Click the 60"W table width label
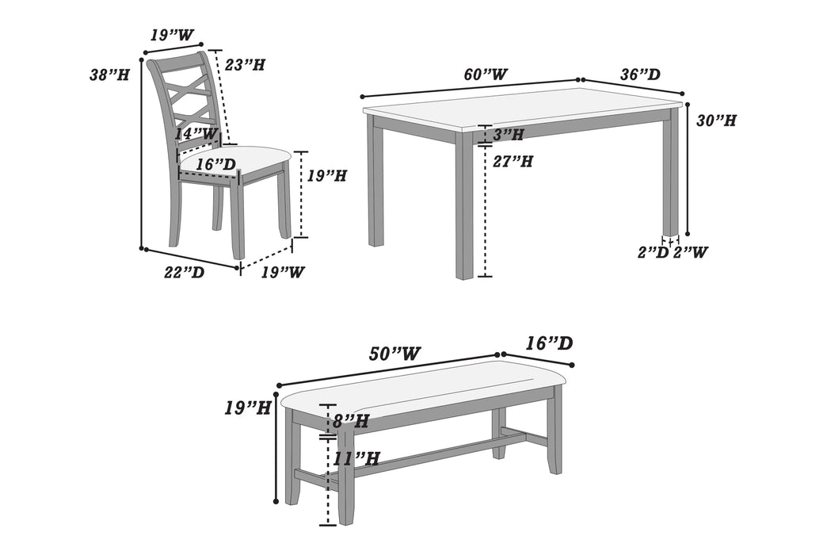(486, 75)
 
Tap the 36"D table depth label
(640, 75)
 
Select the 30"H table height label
(716, 121)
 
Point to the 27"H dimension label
(513, 161)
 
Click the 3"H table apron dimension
(508, 135)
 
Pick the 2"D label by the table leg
(654, 252)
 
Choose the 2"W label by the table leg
(690, 252)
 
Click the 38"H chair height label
(109, 75)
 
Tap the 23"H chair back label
(244, 65)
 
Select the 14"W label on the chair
(196, 134)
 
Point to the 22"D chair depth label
(185, 272)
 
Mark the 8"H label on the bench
(350, 422)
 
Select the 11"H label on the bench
(356, 457)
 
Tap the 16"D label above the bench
(549, 343)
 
